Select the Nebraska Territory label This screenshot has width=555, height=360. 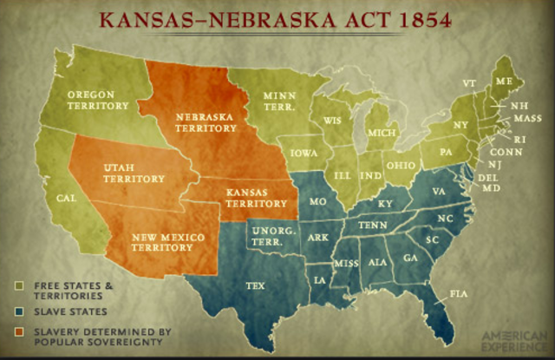click(206, 121)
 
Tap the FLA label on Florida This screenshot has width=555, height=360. click(458, 295)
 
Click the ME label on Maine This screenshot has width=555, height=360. click(503, 82)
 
